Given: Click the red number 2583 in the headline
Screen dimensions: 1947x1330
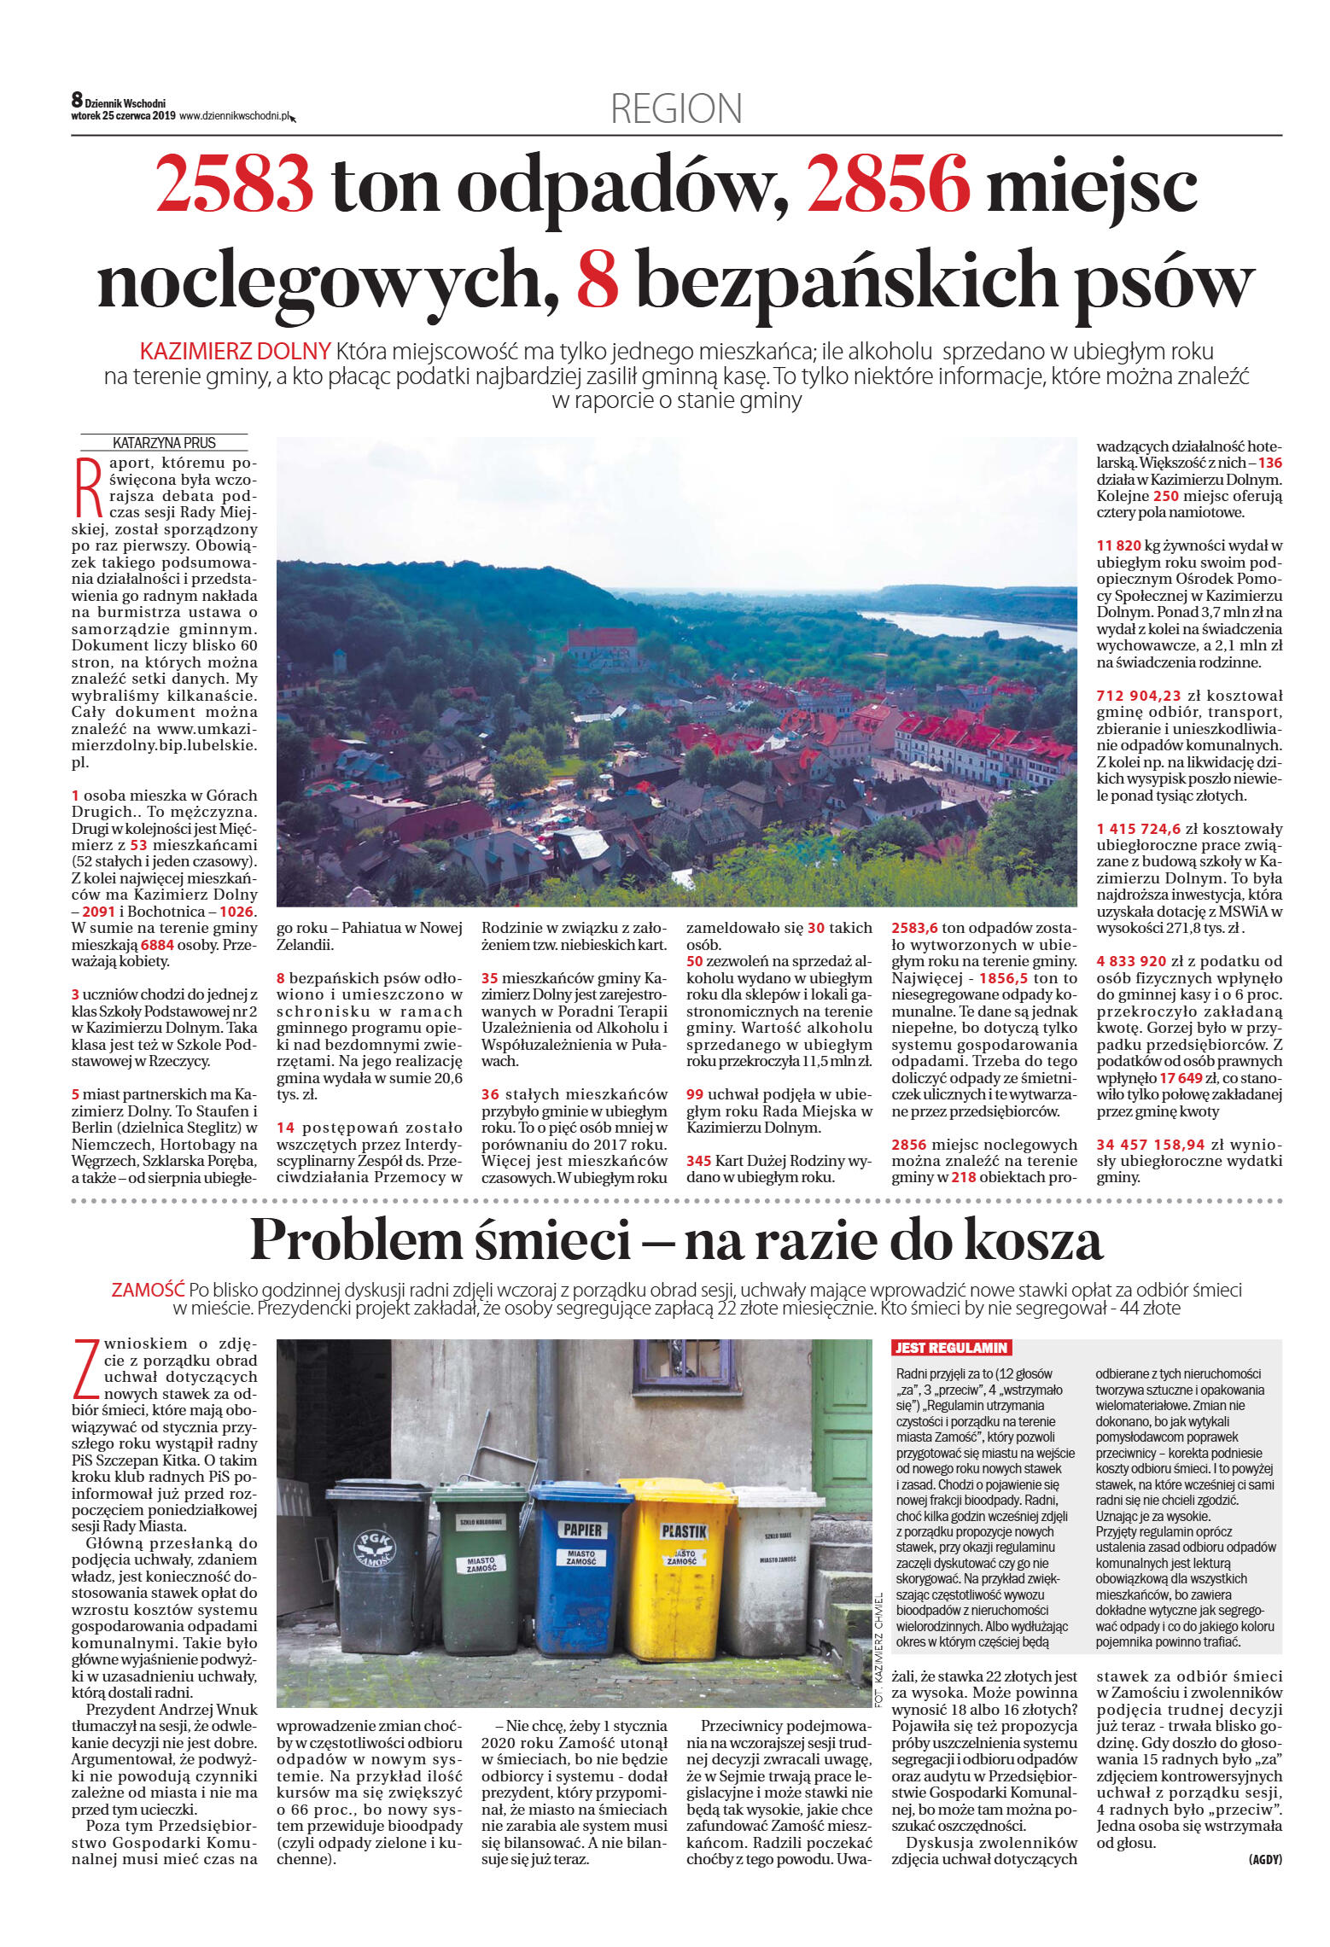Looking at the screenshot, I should (234, 183).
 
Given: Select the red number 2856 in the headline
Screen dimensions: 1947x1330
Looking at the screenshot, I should (888, 183).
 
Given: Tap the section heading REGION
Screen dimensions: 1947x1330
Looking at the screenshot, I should (676, 109).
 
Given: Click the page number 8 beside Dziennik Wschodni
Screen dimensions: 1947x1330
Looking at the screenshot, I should (77, 101).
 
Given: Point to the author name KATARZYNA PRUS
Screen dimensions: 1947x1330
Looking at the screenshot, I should (164, 443).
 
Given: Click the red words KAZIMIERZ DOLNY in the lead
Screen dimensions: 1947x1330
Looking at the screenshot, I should (235, 351).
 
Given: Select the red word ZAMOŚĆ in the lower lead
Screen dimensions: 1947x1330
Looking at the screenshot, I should (148, 1290).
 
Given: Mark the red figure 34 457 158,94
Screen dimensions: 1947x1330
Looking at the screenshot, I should (1151, 1144).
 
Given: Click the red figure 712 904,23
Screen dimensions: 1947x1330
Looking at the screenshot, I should (1138, 696).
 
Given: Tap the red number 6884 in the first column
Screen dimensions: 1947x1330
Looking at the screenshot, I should (157, 945).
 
